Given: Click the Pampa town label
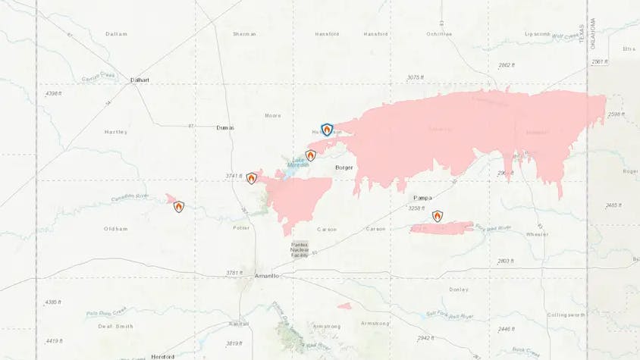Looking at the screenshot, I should point(423,197).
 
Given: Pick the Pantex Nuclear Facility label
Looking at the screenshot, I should point(300,249).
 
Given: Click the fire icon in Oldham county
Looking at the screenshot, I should point(178,206).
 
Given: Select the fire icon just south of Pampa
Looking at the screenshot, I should point(438,216).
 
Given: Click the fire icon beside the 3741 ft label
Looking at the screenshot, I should point(252,179).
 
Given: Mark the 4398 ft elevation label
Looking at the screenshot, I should point(52,93).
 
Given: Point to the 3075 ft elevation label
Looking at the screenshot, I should point(414,77).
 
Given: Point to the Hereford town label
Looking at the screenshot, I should point(163,356).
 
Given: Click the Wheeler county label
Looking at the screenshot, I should point(536,234).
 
